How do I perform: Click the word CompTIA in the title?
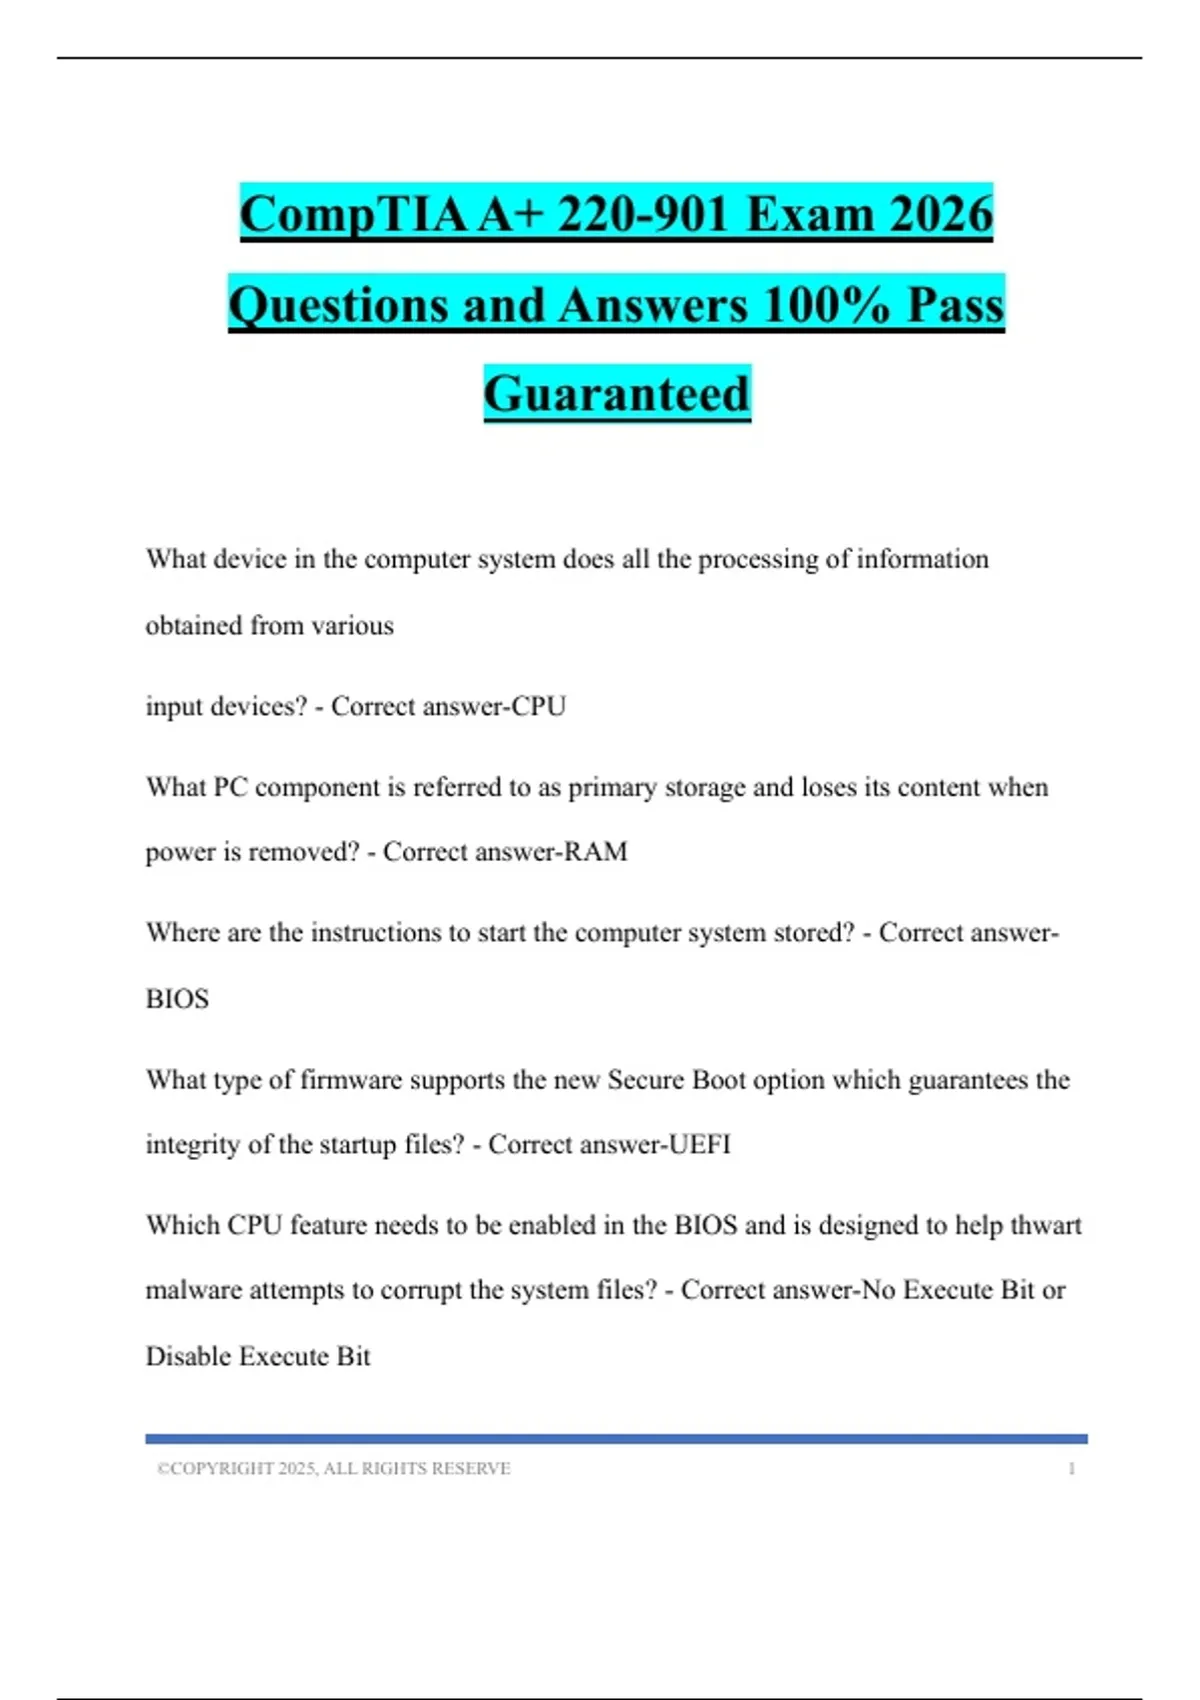352,215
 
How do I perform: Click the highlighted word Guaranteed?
617,394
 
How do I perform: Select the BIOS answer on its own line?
177,999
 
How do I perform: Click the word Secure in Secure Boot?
646,1080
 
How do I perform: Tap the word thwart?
1046,1226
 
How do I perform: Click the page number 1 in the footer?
1072,1469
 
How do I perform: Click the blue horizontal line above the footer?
616,1439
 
